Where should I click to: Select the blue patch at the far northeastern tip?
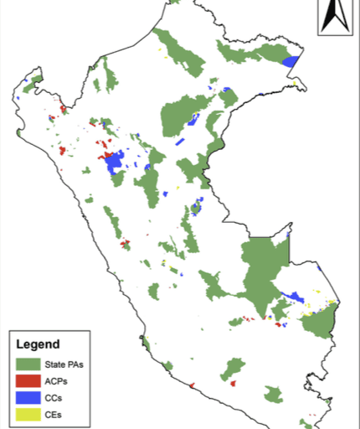pyautogui.click(x=291, y=61)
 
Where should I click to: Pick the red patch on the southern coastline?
pyautogui.click(x=193, y=386)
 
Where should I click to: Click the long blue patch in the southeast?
pyautogui.click(x=294, y=297)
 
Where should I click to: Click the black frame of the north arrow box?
pyautogui.click(x=319, y=17)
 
